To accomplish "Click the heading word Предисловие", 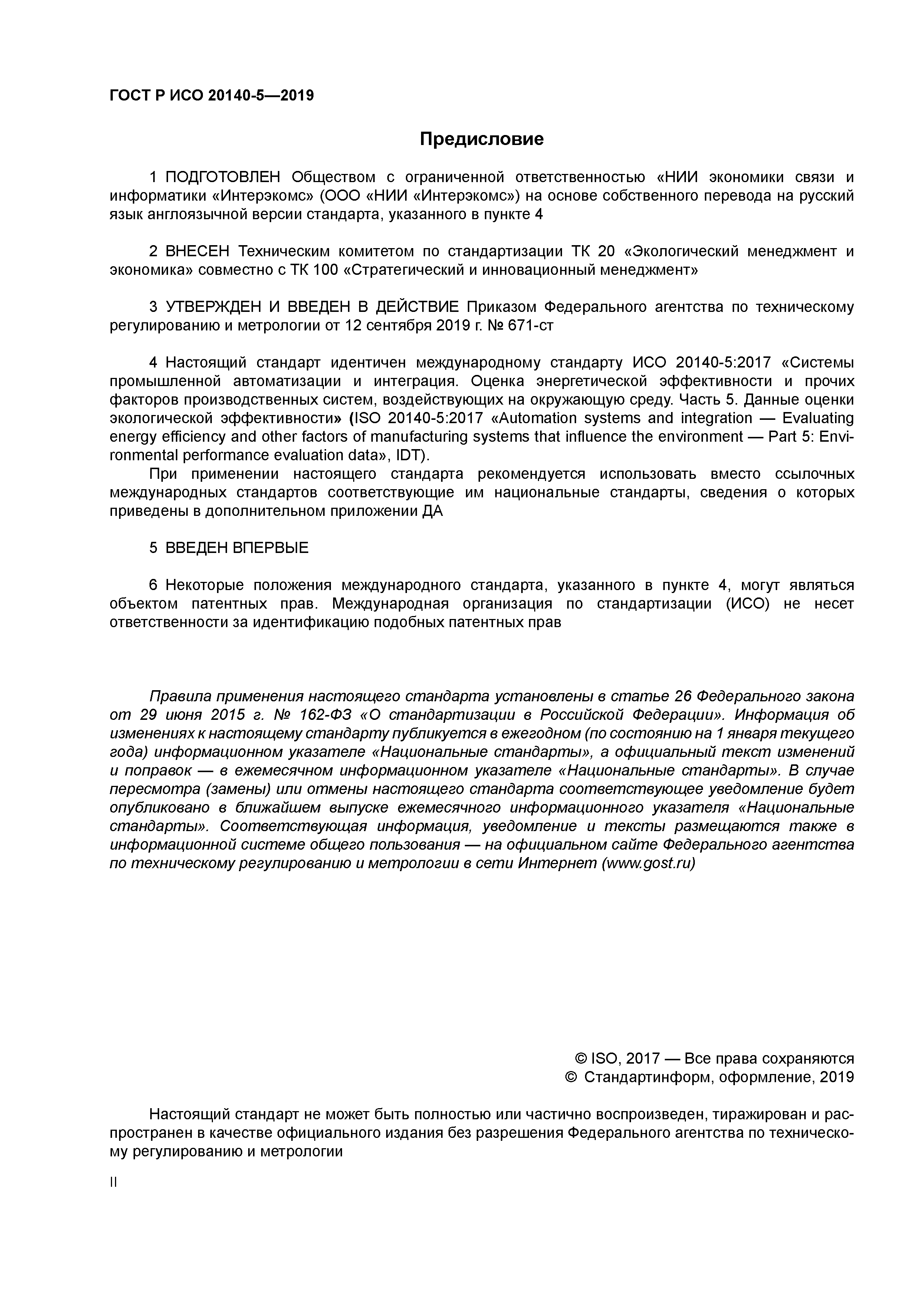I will pos(481,139).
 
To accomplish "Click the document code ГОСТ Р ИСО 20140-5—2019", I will pos(211,96).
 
